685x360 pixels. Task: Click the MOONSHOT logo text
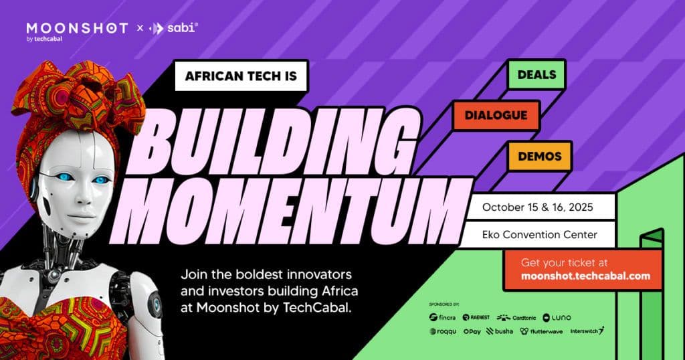[77, 29]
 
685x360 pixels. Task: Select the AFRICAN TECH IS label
[241, 77]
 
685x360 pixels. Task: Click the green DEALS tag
[536, 75]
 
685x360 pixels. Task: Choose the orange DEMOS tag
[539, 155]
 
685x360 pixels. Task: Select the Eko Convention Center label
[539, 234]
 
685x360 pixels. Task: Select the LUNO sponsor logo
[557, 317]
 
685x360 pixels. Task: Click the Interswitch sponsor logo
[587, 331]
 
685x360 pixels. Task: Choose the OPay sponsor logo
[472, 331]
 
